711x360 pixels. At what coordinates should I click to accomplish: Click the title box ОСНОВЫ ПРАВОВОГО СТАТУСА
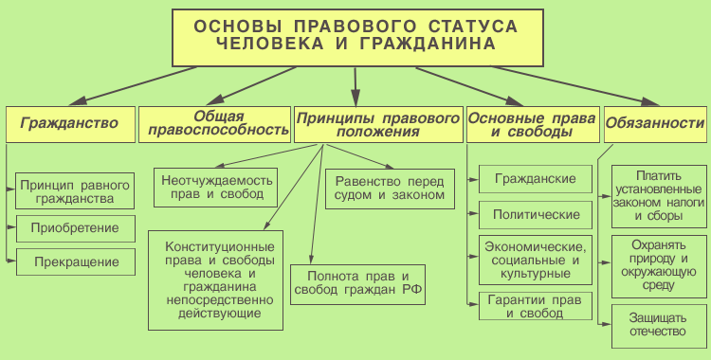click(355, 35)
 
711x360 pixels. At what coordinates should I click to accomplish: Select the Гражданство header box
click(69, 123)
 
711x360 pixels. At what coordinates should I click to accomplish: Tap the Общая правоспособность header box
click(213, 123)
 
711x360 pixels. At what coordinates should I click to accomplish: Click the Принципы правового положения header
click(377, 123)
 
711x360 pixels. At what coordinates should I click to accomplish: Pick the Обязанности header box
click(654, 123)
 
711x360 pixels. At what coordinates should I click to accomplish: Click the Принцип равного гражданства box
click(75, 190)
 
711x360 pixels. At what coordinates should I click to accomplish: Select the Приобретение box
click(75, 228)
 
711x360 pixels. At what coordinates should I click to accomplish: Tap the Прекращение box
click(75, 261)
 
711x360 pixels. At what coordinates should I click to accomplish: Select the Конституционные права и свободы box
click(217, 279)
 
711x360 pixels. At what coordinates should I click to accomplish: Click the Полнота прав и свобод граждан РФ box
click(357, 284)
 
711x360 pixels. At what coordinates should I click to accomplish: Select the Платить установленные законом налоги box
click(658, 196)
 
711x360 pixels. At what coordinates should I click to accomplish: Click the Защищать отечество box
click(658, 326)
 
